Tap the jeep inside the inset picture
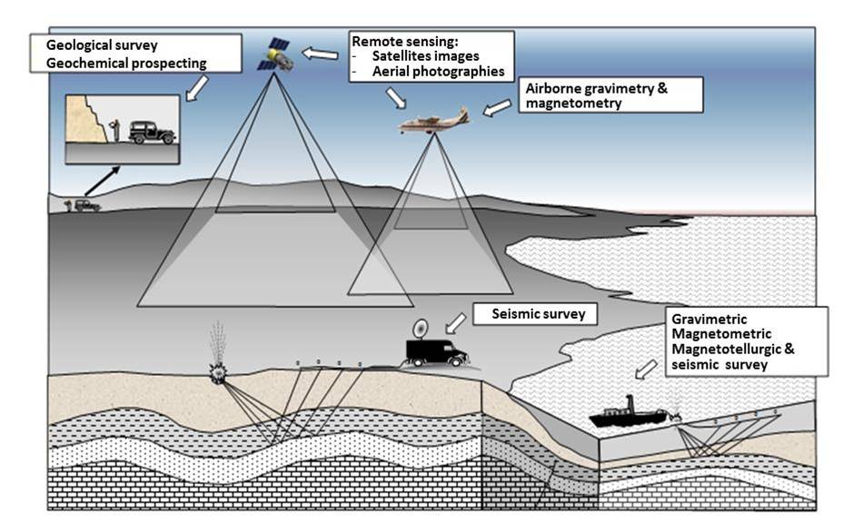(152, 132)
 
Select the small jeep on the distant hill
(86, 205)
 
